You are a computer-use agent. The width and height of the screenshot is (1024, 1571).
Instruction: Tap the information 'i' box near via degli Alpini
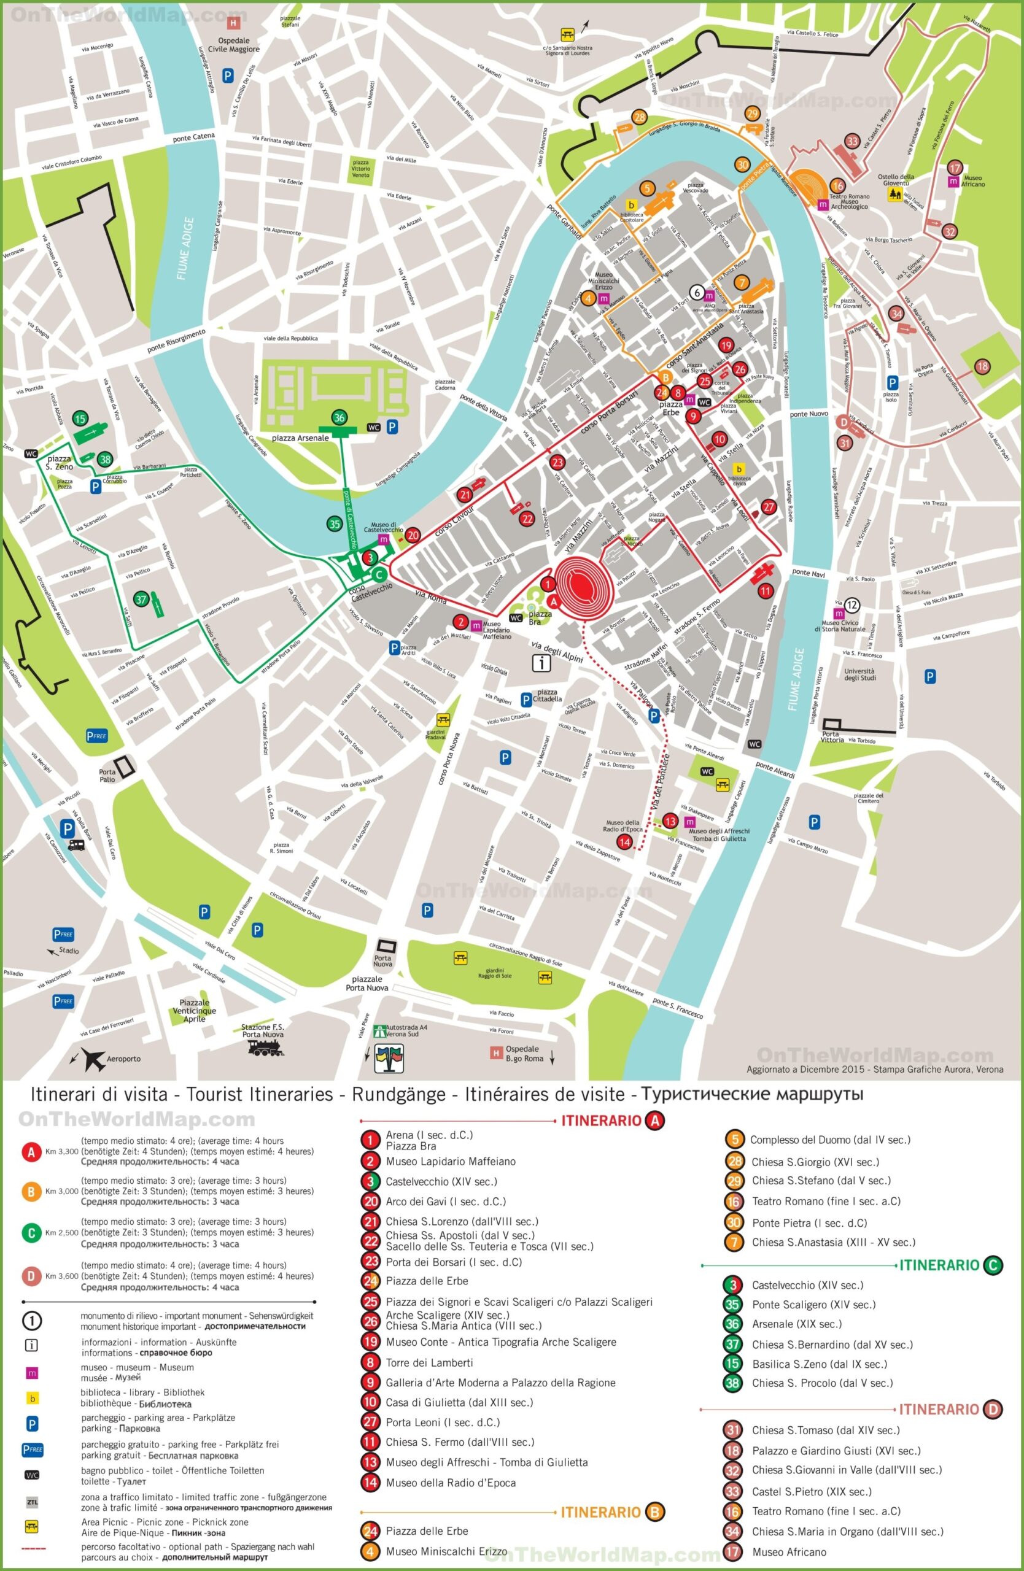541,663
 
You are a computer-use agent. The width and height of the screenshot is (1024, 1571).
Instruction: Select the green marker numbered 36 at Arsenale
339,418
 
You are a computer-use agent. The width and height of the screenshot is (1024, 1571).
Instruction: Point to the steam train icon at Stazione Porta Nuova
265,1048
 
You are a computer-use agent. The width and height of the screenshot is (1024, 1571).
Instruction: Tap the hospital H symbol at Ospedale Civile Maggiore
233,23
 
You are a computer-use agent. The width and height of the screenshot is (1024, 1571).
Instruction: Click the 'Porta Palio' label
107,776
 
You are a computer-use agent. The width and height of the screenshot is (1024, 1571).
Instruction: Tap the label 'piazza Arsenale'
300,438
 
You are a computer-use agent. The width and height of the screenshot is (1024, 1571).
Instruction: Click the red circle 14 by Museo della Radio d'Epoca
624,841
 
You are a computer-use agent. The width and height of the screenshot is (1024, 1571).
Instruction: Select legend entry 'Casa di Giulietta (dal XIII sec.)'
459,1402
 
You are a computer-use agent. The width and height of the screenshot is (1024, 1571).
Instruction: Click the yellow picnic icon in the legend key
32,1526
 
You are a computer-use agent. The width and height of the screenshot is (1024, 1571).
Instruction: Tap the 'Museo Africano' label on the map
973,181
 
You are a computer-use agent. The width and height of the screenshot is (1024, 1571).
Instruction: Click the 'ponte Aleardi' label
775,771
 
